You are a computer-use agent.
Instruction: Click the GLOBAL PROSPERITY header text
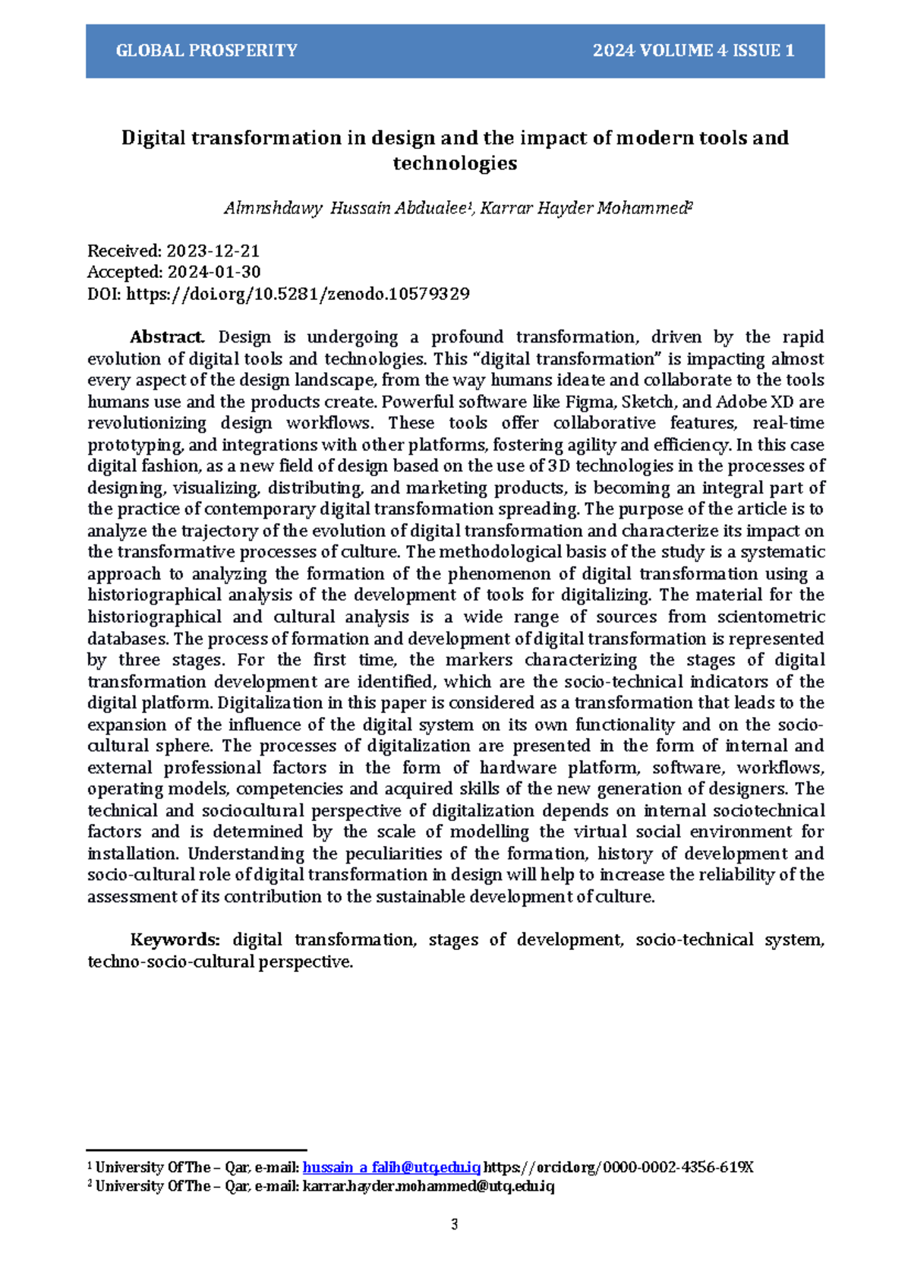click(206, 51)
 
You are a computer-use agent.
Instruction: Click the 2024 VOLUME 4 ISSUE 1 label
click(693, 51)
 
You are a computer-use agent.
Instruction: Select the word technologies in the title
click(455, 163)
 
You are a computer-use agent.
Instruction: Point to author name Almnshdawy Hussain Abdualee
click(343, 208)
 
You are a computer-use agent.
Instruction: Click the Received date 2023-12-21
click(213, 251)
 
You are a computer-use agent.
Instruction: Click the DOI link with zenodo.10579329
click(297, 294)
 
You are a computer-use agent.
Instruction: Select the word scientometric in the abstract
click(771, 617)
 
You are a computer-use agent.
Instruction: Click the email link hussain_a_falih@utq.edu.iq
click(391, 1167)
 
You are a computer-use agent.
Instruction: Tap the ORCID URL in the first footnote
click(618, 1167)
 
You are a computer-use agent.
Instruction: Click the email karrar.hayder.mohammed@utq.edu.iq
click(428, 1186)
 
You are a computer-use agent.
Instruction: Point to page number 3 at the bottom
click(455, 1224)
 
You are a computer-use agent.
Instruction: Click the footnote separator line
click(197, 1151)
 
